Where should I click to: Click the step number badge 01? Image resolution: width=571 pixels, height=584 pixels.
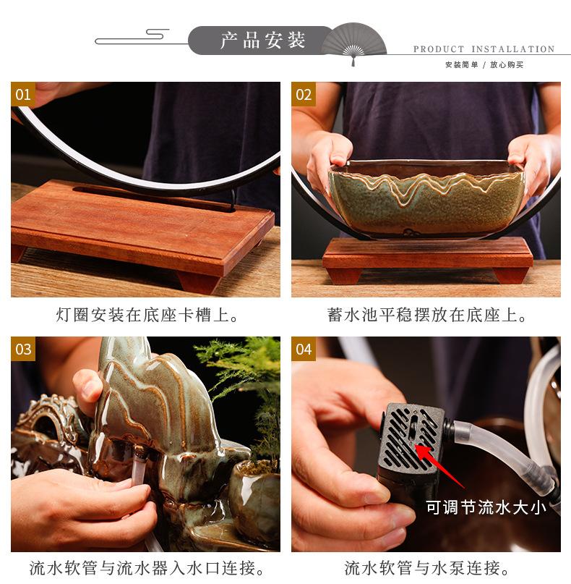[x=23, y=94]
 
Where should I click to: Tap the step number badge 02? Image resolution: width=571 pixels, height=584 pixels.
[x=304, y=94]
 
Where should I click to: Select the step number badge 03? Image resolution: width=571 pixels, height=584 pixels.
[x=23, y=349]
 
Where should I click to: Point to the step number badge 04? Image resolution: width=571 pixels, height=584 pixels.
[x=304, y=349]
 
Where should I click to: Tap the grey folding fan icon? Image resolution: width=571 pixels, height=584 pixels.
[x=353, y=43]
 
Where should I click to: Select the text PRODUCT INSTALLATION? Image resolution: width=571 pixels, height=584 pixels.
[x=484, y=49]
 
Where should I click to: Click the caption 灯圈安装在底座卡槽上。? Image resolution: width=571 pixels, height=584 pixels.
[x=147, y=316]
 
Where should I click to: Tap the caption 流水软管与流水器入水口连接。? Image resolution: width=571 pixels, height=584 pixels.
[x=147, y=568]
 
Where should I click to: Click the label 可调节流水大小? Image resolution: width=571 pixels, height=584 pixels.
[x=486, y=507]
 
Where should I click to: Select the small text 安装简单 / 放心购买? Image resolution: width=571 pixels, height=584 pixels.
[x=484, y=64]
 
